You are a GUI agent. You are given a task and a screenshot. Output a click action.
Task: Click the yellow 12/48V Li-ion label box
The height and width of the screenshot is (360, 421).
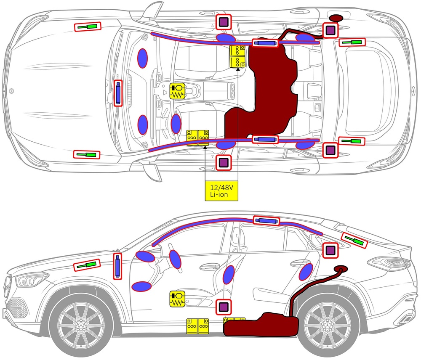(x=221, y=191)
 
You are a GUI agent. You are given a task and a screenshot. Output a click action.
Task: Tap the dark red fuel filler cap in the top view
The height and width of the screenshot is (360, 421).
(x=336, y=18)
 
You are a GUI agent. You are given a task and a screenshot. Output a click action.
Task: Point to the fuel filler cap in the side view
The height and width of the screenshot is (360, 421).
(x=340, y=268)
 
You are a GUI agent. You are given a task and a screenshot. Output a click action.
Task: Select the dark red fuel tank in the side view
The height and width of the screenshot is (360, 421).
(x=261, y=325)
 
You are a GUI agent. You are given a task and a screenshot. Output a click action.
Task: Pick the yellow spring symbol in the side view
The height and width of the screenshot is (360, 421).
(x=178, y=299)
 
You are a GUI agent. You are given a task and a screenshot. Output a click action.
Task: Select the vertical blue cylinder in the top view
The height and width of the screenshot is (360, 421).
(x=118, y=93)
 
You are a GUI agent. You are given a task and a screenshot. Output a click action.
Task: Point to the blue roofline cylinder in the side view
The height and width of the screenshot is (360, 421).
(x=266, y=221)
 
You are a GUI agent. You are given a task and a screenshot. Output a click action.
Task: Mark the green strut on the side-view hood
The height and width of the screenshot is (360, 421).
(x=87, y=265)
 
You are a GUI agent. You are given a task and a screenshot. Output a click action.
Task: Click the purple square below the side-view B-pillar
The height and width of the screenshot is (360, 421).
(x=223, y=307)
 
